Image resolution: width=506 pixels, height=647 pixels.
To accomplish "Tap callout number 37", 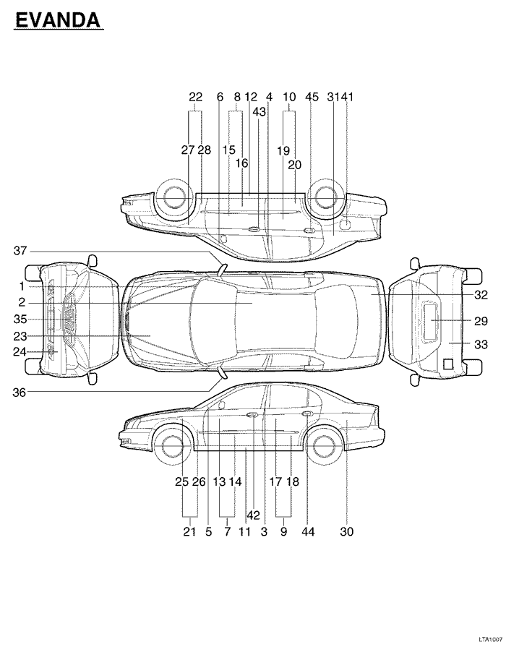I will (20, 251).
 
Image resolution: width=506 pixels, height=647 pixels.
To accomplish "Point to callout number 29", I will (481, 320).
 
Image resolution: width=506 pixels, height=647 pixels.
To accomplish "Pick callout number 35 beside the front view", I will (20, 319).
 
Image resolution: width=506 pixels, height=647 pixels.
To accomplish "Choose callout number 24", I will (20, 352).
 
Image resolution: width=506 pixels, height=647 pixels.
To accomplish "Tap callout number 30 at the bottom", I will (347, 531).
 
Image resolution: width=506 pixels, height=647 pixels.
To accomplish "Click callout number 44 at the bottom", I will (309, 531).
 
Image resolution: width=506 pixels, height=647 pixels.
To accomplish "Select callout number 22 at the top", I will (195, 96).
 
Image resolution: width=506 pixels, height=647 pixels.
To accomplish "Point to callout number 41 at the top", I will (348, 96).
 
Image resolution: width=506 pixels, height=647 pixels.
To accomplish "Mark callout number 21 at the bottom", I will (189, 531).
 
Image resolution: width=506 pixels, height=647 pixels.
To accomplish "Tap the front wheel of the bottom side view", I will (172, 446).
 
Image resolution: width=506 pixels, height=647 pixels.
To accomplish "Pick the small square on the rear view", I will (449, 364).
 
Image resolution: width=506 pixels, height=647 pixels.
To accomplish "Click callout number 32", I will (481, 295).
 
